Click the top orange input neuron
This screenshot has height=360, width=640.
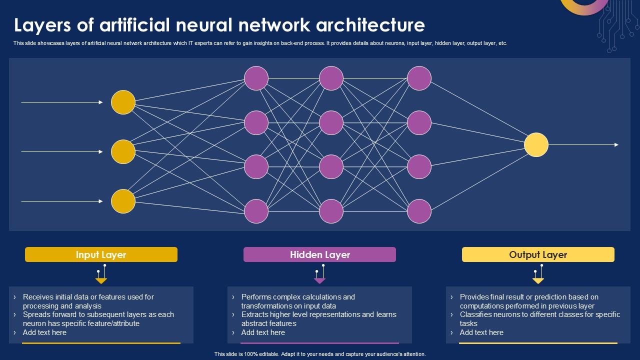click(123, 102)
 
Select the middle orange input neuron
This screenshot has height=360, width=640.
click(123, 152)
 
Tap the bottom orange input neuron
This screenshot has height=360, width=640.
click(123, 201)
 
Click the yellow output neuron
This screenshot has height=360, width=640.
click(536, 145)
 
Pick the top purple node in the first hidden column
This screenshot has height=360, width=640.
click(256, 78)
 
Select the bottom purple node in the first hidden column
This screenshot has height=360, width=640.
click(256, 211)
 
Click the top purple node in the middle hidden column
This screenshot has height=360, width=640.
click(331, 78)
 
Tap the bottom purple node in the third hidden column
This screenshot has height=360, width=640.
click(419, 211)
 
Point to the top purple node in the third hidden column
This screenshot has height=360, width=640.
click(419, 78)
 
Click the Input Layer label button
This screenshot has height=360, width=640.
click(101, 254)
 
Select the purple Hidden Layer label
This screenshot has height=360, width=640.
click(319, 254)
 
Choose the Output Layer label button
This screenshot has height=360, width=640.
click(538, 254)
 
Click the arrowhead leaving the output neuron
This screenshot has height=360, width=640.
click(616, 145)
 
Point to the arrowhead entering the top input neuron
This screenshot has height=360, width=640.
click(100, 102)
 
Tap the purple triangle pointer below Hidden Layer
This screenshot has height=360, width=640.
click(319, 281)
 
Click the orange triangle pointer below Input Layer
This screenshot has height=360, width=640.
click(101, 281)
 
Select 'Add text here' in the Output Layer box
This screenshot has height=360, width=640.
click(481, 332)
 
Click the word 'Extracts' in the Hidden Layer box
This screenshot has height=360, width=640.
click(254, 314)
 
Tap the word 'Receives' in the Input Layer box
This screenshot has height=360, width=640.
click(38, 297)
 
